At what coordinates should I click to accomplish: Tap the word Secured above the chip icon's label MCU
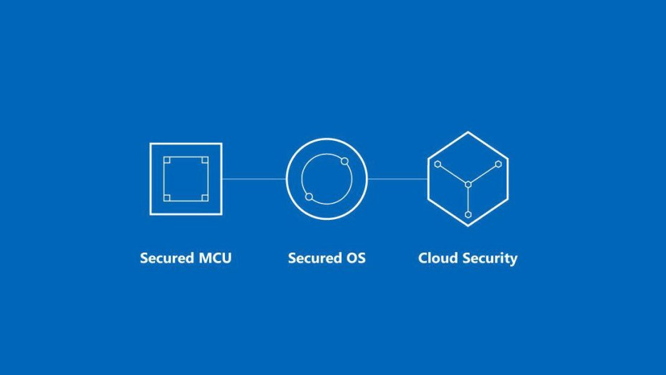point(167,258)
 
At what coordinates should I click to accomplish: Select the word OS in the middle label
point(356,258)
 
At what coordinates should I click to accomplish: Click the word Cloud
point(438,258)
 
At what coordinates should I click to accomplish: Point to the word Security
point(490,258)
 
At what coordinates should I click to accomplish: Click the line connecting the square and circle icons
point(254,179)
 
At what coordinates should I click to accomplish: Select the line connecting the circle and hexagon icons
point(398,179)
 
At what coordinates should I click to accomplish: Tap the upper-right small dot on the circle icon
point(345,162)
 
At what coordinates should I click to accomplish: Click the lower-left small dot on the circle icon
point(310,196)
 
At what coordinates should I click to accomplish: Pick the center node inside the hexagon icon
point(468,184)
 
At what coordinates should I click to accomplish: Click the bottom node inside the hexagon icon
point(468,214)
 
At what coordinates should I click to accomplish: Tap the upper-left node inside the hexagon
point(438,164)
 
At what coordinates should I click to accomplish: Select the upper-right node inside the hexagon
point(499,164)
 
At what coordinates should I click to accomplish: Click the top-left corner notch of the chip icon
point(167,160)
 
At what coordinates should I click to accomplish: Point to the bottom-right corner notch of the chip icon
point(205,198)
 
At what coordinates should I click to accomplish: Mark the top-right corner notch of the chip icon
point(205,160)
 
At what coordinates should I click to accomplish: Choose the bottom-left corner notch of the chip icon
point(167,198)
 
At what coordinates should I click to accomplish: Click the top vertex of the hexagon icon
point(468,132)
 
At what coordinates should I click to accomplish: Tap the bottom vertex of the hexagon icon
point(468,226)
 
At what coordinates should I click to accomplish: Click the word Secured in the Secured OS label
point(314,258)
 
